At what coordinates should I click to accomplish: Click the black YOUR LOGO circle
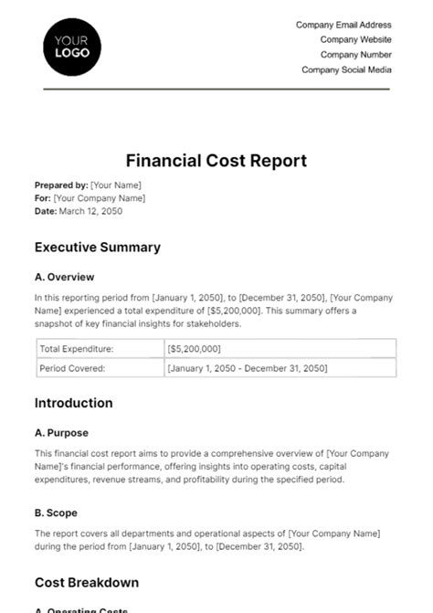(x=72, y=47)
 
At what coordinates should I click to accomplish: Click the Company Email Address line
(x=343, y=26)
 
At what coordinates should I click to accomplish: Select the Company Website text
(x=355, y=40)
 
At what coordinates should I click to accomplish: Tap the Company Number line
(x=355, y=55)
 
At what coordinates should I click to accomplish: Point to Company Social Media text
(x=346, y=69)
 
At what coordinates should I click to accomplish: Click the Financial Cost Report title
(x=216, y=161)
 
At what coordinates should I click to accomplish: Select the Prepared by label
(x=60, y=184)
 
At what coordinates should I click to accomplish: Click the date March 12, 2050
(x=90, y=211)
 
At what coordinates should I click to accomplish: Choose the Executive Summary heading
(x=97, y=247)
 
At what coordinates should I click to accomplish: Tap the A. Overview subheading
(x=64, y=277)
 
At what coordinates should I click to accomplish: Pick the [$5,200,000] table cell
(x=195, y=348)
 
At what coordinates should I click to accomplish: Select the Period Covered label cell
(x=72, y=368)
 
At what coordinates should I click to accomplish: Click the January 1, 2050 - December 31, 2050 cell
(x=247, y=368)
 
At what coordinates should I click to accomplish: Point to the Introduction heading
(x=73, y=403)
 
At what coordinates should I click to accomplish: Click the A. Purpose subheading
(x=61, y=433)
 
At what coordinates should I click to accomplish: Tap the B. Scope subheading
(x=58, y=513)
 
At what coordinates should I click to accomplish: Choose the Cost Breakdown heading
(x=86, y=582)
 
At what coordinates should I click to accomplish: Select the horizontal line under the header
(x=216, y=90)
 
